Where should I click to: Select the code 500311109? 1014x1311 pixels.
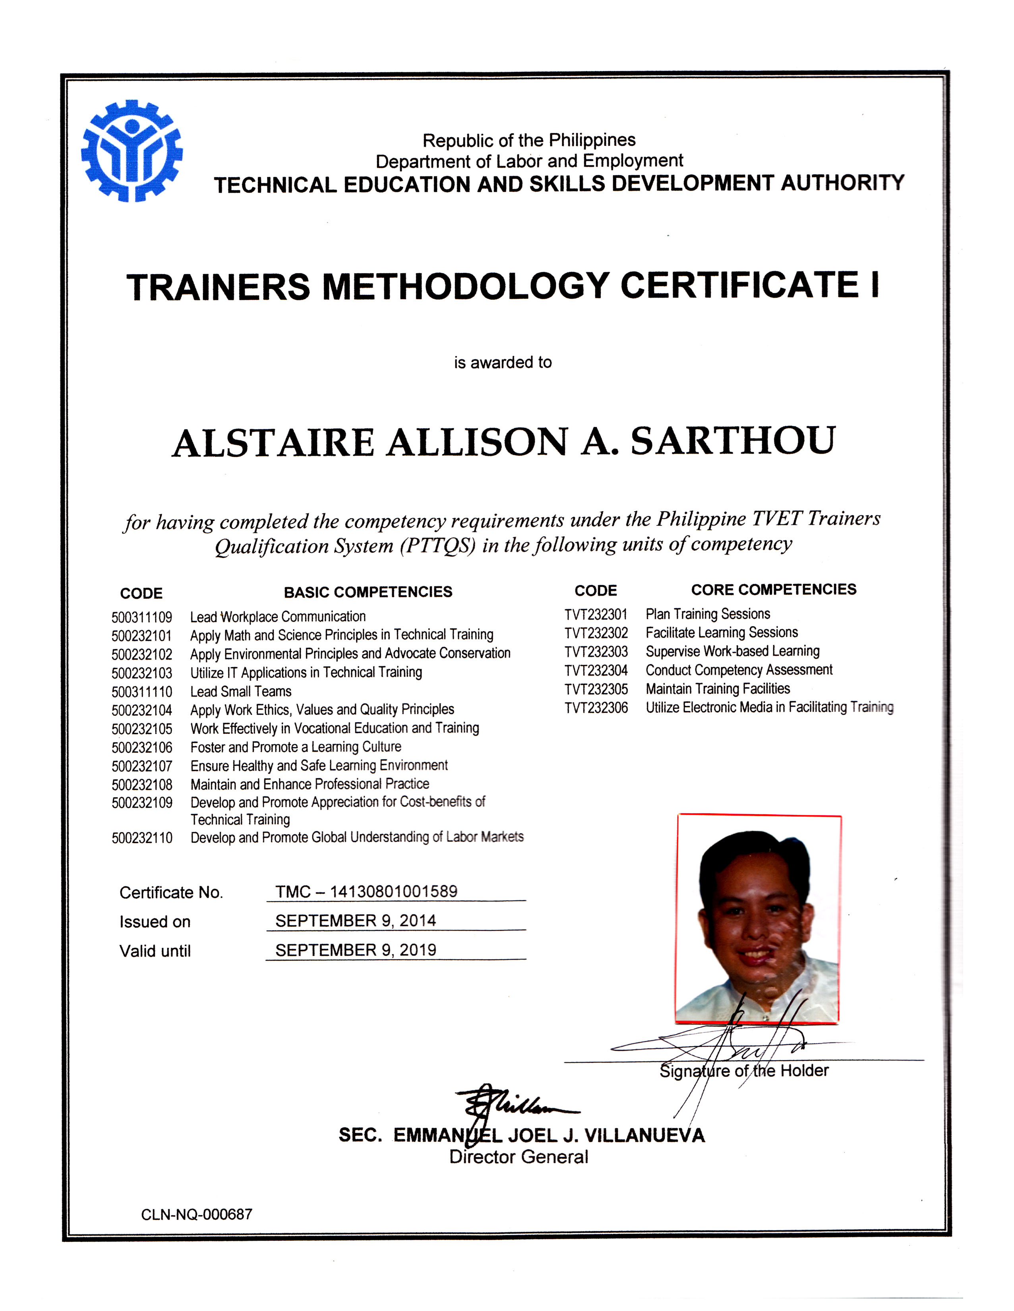pyautogui.click(x=142, y=617)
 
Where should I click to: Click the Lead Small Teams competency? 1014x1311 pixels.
pyautogui.click(x=241, y=692)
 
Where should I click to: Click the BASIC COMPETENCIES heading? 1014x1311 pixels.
pyautogui.click(x=368, y=592)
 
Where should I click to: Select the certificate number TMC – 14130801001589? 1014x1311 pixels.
pyautogui.click(x=366, y=891)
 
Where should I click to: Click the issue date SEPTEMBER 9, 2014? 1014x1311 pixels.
pyautogui.click(x=355, y=921)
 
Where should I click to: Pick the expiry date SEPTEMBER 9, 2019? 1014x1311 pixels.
pyautogui.click(x=355, y=950)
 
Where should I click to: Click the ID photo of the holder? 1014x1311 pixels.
pyautogui.click(x=759, y=918)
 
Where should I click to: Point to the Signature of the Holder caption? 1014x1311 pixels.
pyautogui.click(x=744, y=1071)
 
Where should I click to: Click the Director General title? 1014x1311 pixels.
pyautogui.click(x=519, y=1157)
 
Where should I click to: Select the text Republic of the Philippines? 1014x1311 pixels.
pyautogui.click(x=529, y=141)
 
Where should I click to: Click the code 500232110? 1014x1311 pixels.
pyautogui.click(x=142, y=838)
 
